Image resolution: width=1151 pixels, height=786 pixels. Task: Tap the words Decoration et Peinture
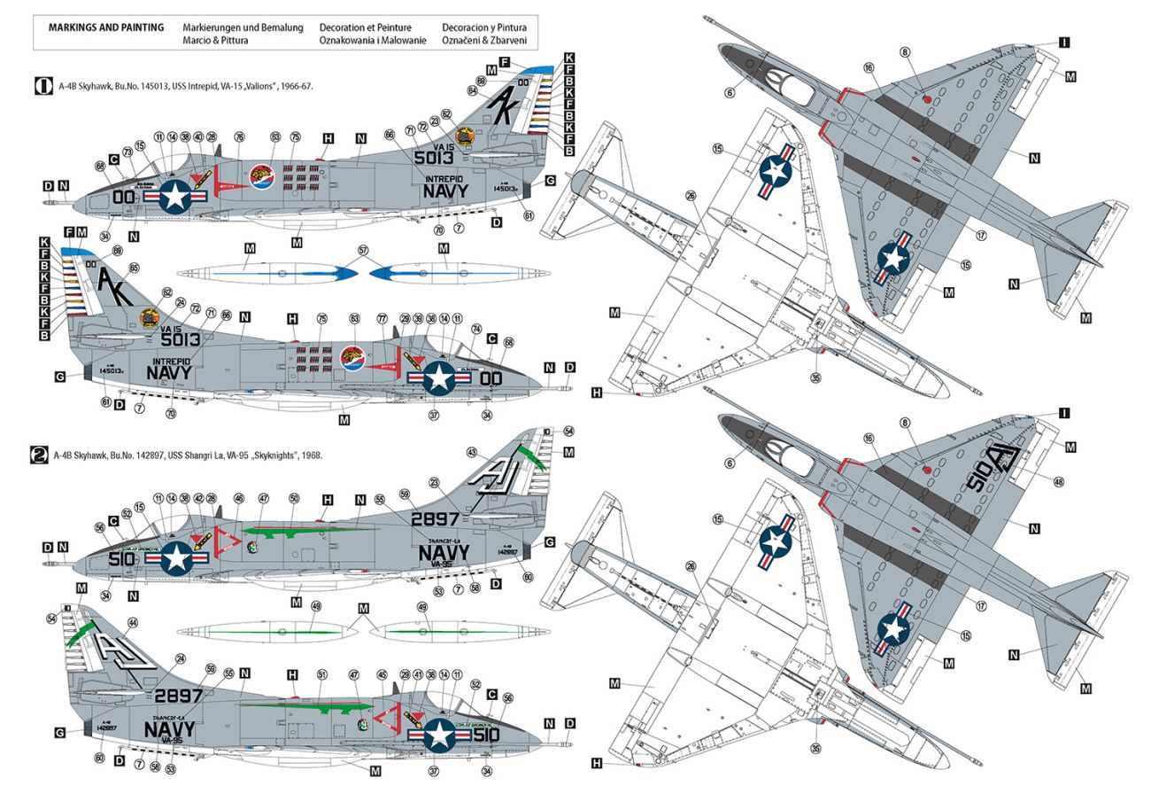point(364,27)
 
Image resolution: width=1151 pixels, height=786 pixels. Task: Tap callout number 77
point(382,317)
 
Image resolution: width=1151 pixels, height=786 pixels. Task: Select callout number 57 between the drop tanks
point(362,250)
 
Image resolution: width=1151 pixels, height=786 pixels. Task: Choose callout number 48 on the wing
point(1060,481)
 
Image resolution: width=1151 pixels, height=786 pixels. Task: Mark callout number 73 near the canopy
point(128,152)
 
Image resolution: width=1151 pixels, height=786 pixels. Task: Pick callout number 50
point(293,499)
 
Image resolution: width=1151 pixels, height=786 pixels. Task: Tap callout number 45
point(383,675)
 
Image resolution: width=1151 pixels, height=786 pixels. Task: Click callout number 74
point(476,330)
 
